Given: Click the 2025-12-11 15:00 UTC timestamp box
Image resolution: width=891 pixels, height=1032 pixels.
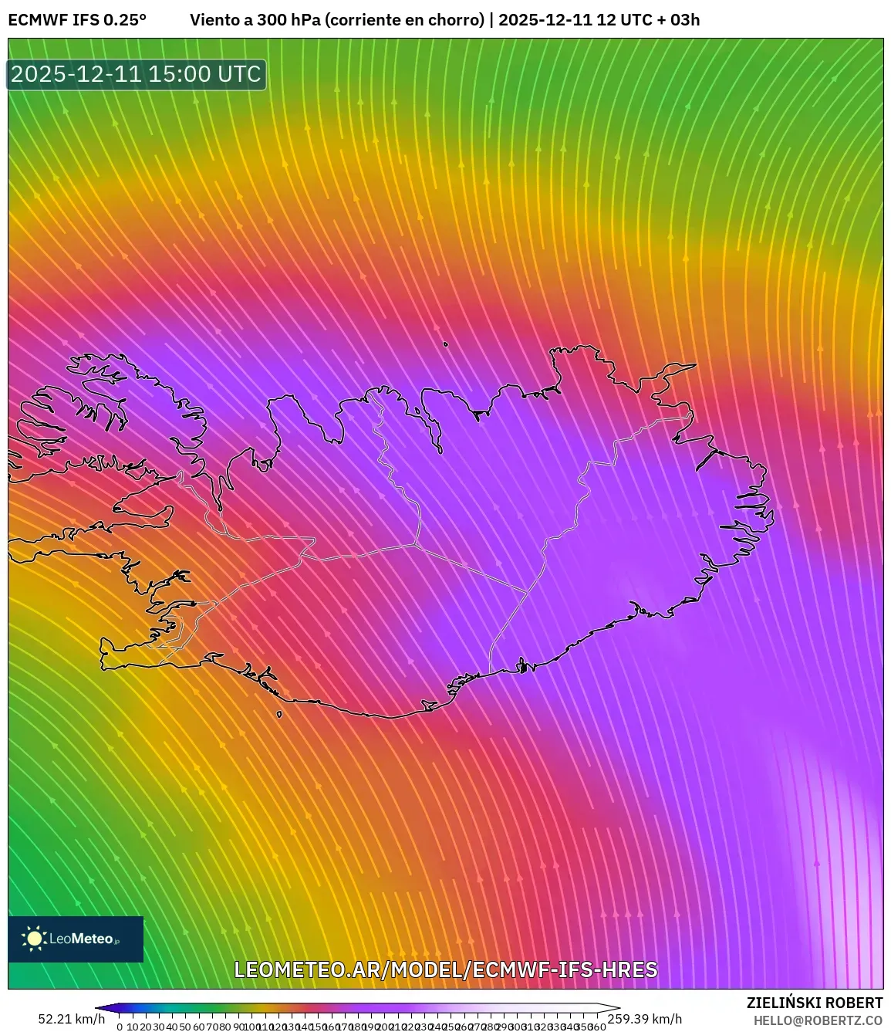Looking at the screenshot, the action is pyautogui.click(x=137, y=75).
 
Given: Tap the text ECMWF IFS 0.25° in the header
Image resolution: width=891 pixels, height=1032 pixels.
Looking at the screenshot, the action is pyautogui.click(x=77, y=20).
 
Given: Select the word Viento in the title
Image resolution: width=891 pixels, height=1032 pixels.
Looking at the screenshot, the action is pyautogui.click(x=215, y=20).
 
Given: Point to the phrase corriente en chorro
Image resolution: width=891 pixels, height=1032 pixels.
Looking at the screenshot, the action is pyautogui.click(x=405, y=20).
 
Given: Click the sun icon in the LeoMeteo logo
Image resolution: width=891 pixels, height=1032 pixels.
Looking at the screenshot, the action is pyautogui.click(x=34, y=939).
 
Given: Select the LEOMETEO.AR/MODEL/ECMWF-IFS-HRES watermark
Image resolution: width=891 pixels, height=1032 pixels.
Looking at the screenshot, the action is pyautogui.click(x=446, y=969).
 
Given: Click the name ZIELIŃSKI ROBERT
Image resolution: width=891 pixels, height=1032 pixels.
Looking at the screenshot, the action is pyautogui.click(x=815, y=1003).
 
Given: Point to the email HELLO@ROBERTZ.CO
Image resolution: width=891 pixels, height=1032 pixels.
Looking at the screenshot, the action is pyautogui.click(x=818, y=1020).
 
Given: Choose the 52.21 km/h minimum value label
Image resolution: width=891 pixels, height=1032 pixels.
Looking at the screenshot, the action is pyautogui.click(x=71, y=1019).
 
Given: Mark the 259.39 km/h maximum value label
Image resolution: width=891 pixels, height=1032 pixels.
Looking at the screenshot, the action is pyautogui.click(x=645, y=1019).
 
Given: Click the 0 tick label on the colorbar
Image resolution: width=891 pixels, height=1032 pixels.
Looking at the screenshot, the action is pyautogui.click(x=120, y=1027).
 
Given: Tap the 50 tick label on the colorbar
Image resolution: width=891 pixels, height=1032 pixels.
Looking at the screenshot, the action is pyautogui.click(x=185, y=1027).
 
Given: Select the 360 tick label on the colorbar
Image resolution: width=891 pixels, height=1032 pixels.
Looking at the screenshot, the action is pyautogui.click(x=596, y=1027).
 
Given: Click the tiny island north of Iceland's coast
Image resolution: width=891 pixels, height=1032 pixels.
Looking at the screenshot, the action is pyautogui.click(x=446, y=344).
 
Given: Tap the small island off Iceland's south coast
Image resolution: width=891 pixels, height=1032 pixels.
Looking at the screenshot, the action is pyautogui.click(x=279, y=714).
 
